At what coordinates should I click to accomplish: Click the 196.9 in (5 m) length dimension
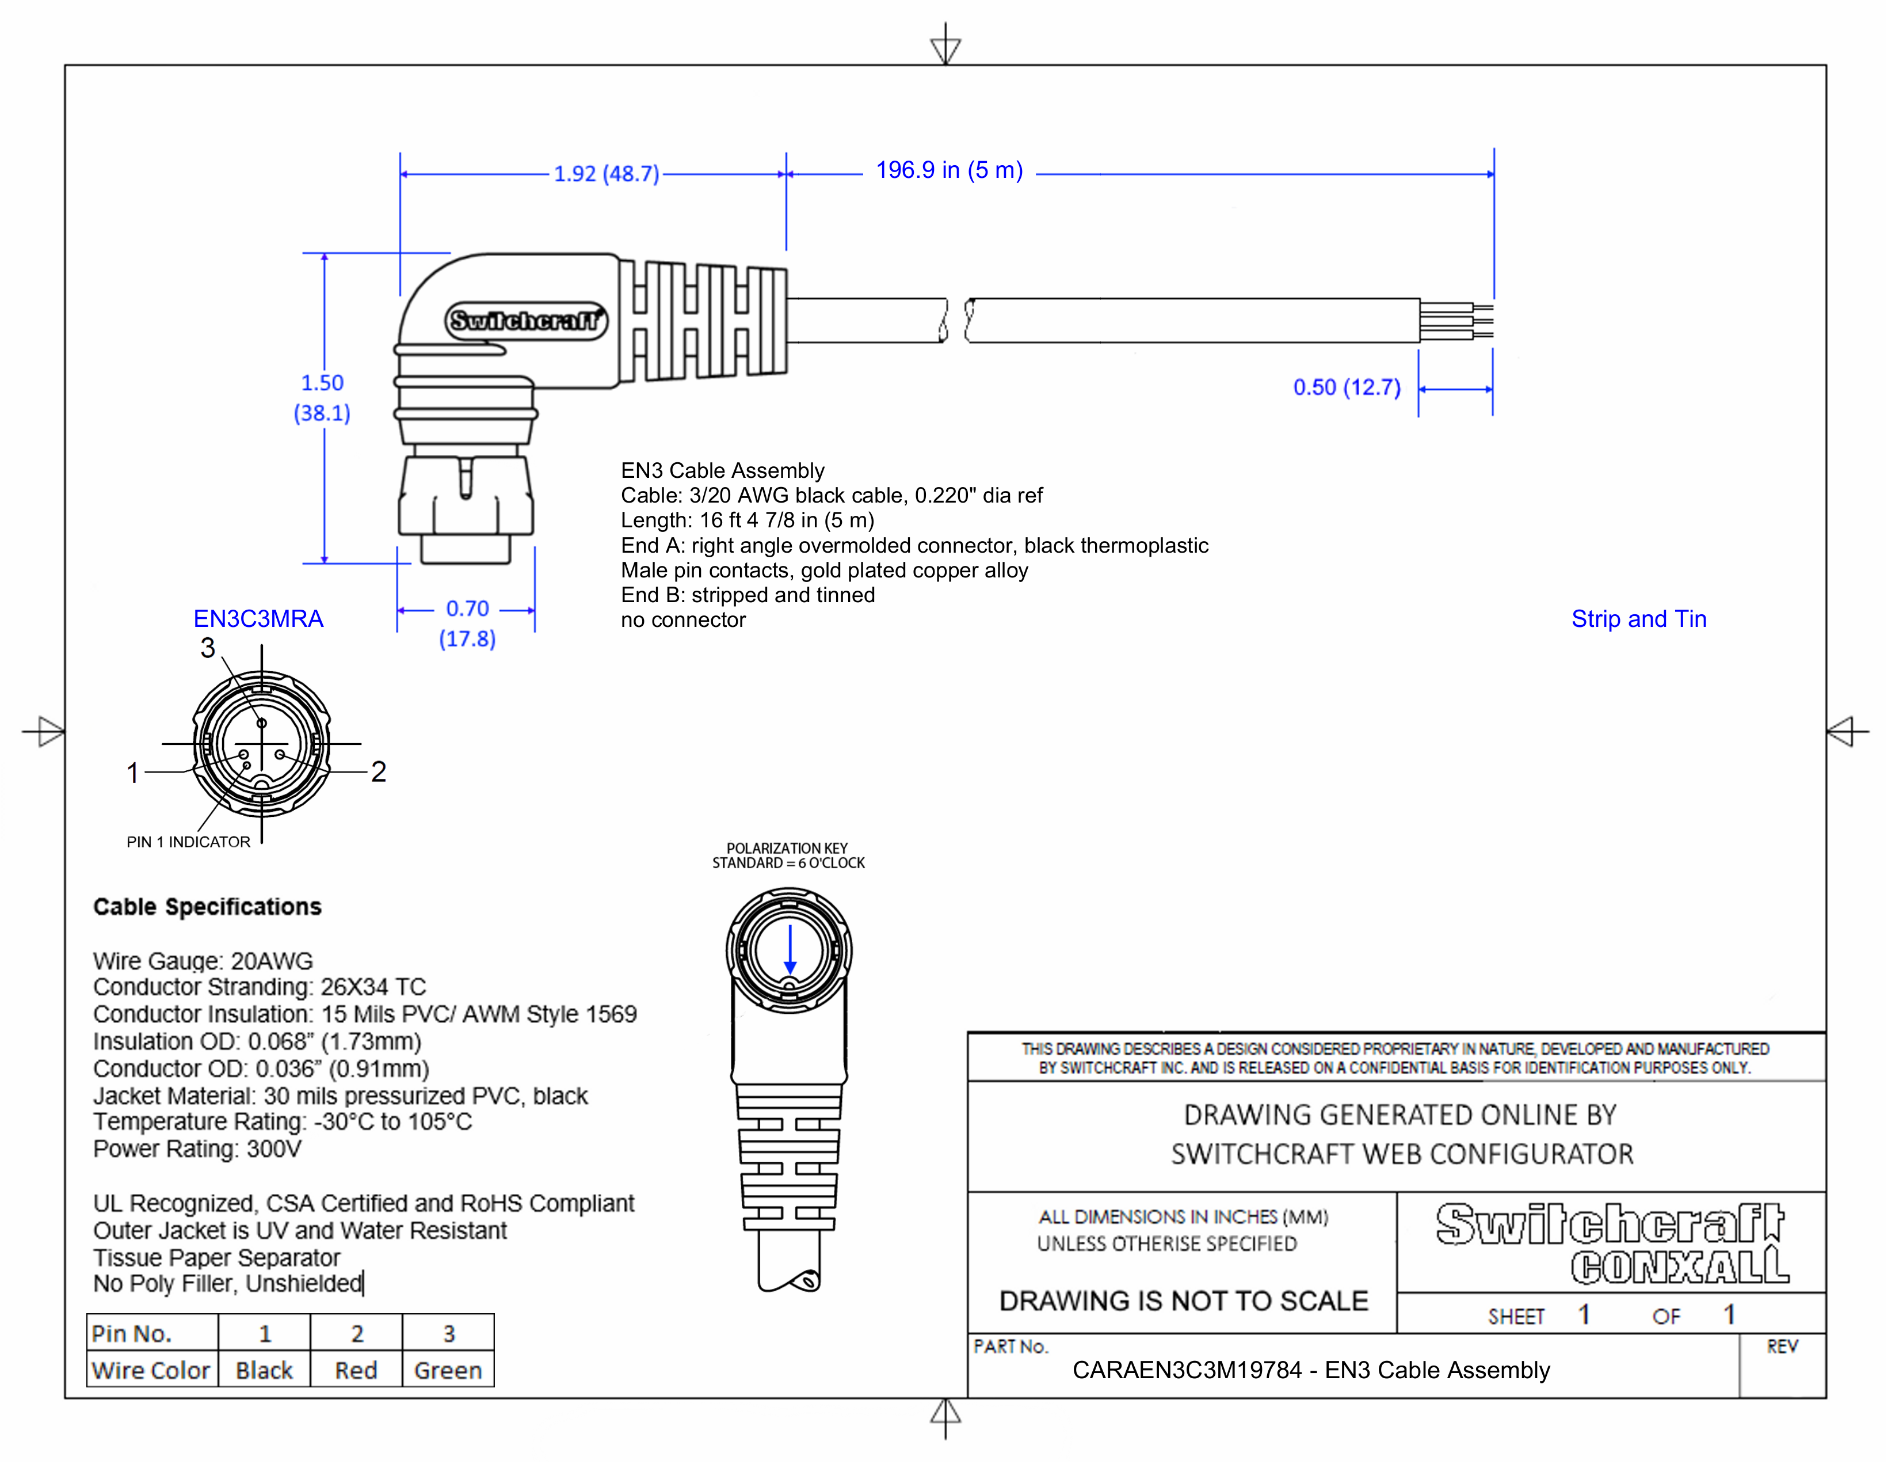point(948,170)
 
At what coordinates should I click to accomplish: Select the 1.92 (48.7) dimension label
point(606,174)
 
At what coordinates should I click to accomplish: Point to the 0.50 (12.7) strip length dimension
point(1346,388)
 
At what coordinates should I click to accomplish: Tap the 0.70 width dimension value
point(467,609)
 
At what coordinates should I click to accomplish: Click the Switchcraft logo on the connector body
point(526,321)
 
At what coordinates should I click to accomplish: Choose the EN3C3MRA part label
point(258,619)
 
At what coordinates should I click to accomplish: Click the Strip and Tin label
point(1638,619)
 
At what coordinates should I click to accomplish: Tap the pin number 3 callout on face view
point(208,648)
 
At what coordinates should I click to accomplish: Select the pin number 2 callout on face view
point(378,771)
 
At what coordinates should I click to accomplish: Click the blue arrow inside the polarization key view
point(790,950)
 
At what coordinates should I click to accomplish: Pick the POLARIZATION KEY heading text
point(787,848)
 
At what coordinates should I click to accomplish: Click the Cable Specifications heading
point(207,907)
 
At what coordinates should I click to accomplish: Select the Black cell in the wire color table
point(264,1371)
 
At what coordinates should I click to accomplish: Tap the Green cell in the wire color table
point(448,1371)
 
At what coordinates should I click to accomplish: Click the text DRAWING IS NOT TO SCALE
point(1183,1301)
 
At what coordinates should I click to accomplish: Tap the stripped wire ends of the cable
point(1457,321)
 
